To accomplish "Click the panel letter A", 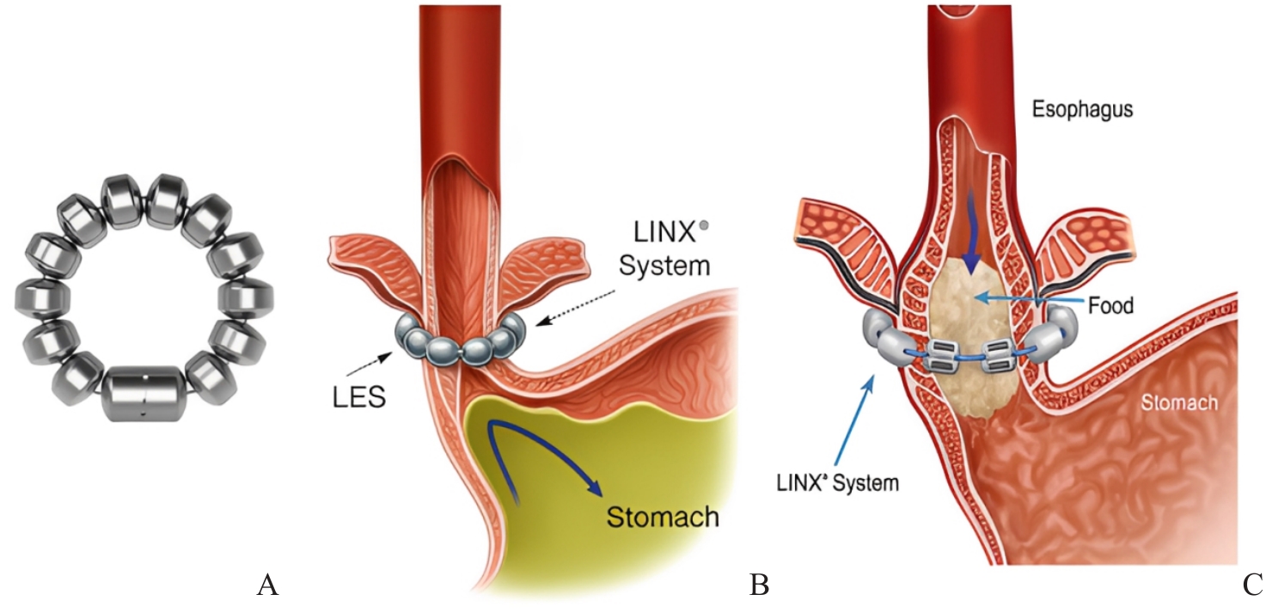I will point(267,586).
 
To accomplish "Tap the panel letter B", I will point(759,586).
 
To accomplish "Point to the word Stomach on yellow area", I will point(662,518).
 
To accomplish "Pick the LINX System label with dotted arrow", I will point(667,250).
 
